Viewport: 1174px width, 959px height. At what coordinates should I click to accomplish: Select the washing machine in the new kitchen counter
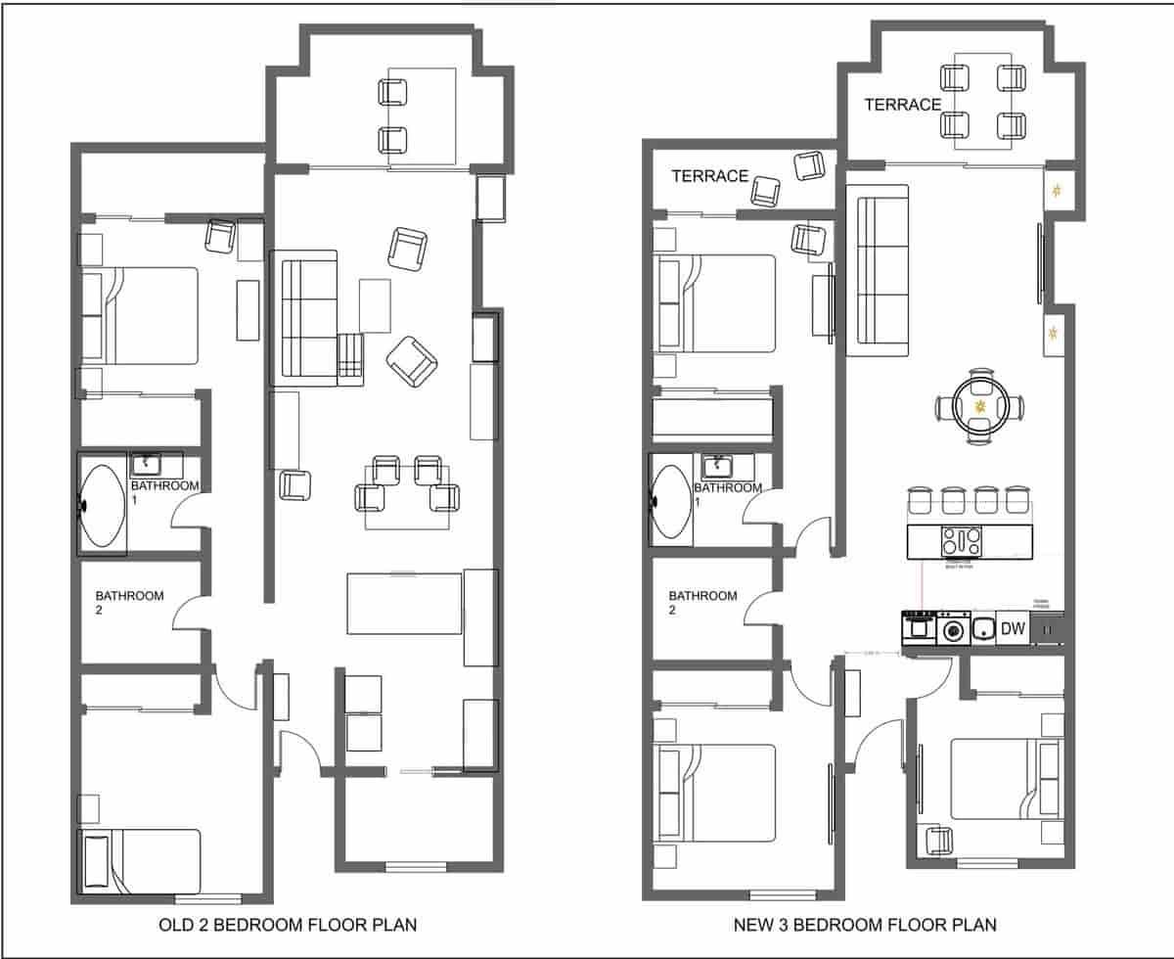coord(953,628)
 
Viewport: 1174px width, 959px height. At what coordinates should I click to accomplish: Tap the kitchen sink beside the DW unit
coord(981,629)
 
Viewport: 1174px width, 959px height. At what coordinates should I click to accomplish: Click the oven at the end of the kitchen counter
coord(920,627)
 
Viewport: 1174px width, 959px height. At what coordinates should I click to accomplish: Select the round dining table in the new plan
coord(979,406)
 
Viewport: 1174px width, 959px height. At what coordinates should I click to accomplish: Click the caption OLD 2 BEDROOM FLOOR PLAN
coord(288,925)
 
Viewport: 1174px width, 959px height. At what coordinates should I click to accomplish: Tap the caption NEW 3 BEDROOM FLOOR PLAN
coord(865,925)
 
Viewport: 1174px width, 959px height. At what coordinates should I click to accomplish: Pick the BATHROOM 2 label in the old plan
coord(129,602)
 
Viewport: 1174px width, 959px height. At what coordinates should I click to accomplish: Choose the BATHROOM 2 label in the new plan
coord(702,602)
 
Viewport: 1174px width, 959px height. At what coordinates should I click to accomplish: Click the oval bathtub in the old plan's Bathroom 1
coord(102,505)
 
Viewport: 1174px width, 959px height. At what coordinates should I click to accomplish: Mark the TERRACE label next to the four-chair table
coord(902,105)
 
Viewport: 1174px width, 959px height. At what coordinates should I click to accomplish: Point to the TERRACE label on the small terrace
coord(709,176)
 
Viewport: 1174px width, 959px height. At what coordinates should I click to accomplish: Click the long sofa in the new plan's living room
coord(882,269)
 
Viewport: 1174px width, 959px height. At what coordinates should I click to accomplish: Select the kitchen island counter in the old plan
coord(403,603)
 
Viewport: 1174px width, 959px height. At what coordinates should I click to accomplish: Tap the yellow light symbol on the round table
coord(979,405)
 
